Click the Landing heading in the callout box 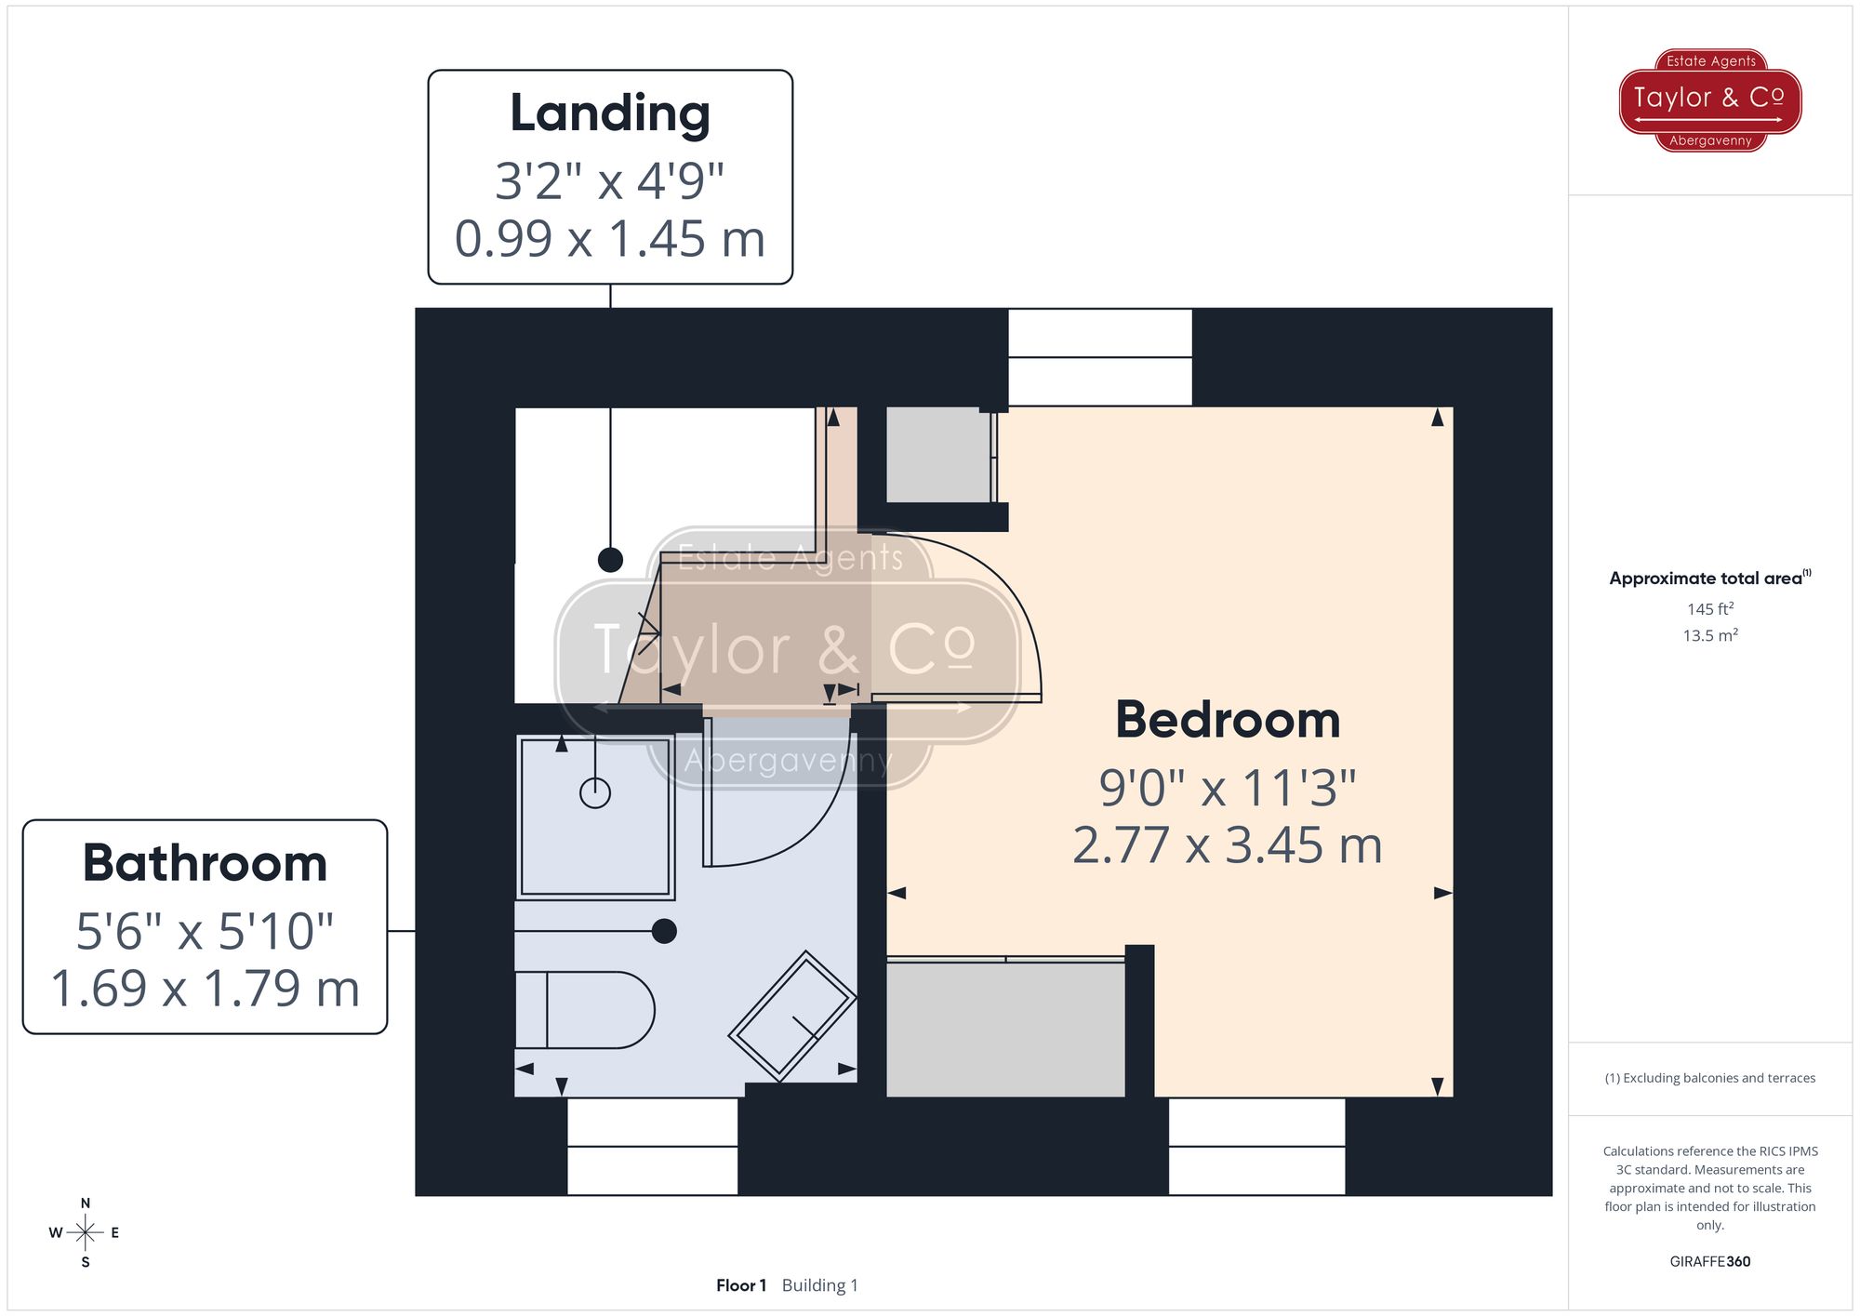click(x=610, y=113)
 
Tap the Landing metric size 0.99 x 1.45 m click(x=610, y=239)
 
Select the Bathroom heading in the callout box click(x=205, y=863)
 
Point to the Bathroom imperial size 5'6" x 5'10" click(x=205, y=931)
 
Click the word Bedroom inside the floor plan click(x=1228, y=720)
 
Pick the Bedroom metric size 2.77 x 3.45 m click(x=1228, y=845)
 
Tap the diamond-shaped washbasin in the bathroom click(x=792, y=1016)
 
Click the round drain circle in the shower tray click(x=595, y=793)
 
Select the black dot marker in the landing click(x=610, y=560)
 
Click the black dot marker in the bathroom click(x=664, y=931)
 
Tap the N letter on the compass click(x=86, y=1203)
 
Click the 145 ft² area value click(x=1710, y=609)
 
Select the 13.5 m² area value click(x=1710, y=636)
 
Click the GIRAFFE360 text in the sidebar click(x=1709, y=1262)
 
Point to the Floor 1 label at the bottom click(x=741, y=1285)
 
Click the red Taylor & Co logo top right click(x=1710, y=100)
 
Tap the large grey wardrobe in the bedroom click(x=1005, y=1029)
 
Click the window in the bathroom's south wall click(x=653, y=1147)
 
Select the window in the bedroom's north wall click(x=1100, y=357)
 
